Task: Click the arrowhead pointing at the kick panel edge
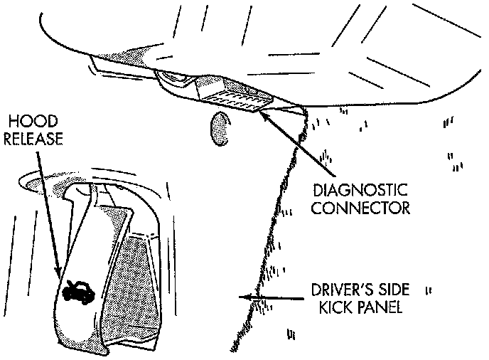[x=245, y=298]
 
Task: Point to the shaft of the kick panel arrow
[x=277, y=298]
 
